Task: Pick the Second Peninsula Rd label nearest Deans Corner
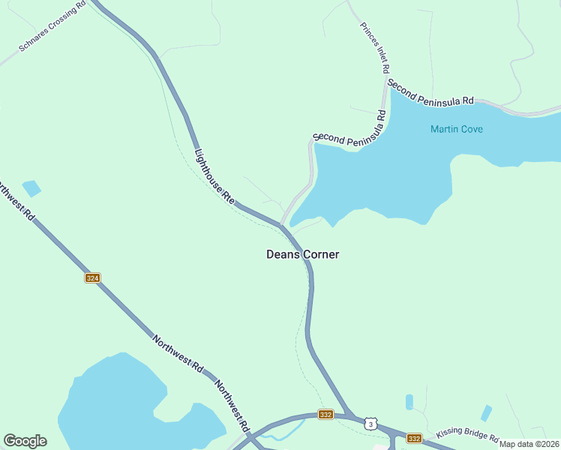point(349,128)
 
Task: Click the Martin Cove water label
point(456,129)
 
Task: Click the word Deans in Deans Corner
point(283,254)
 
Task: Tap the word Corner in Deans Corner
point(321,254)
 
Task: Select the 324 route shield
point(92,277)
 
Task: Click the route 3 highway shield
point(370,424)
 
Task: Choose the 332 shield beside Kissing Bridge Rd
point(414,438)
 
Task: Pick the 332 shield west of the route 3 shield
point(325,414)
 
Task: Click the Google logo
point(25,441)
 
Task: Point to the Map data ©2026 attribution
point(529,443)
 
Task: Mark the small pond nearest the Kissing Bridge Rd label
point(486,412)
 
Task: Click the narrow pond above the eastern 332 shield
point(409,402)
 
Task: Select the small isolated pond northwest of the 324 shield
point(31,187)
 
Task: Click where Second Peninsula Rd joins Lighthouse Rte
point(281,223)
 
